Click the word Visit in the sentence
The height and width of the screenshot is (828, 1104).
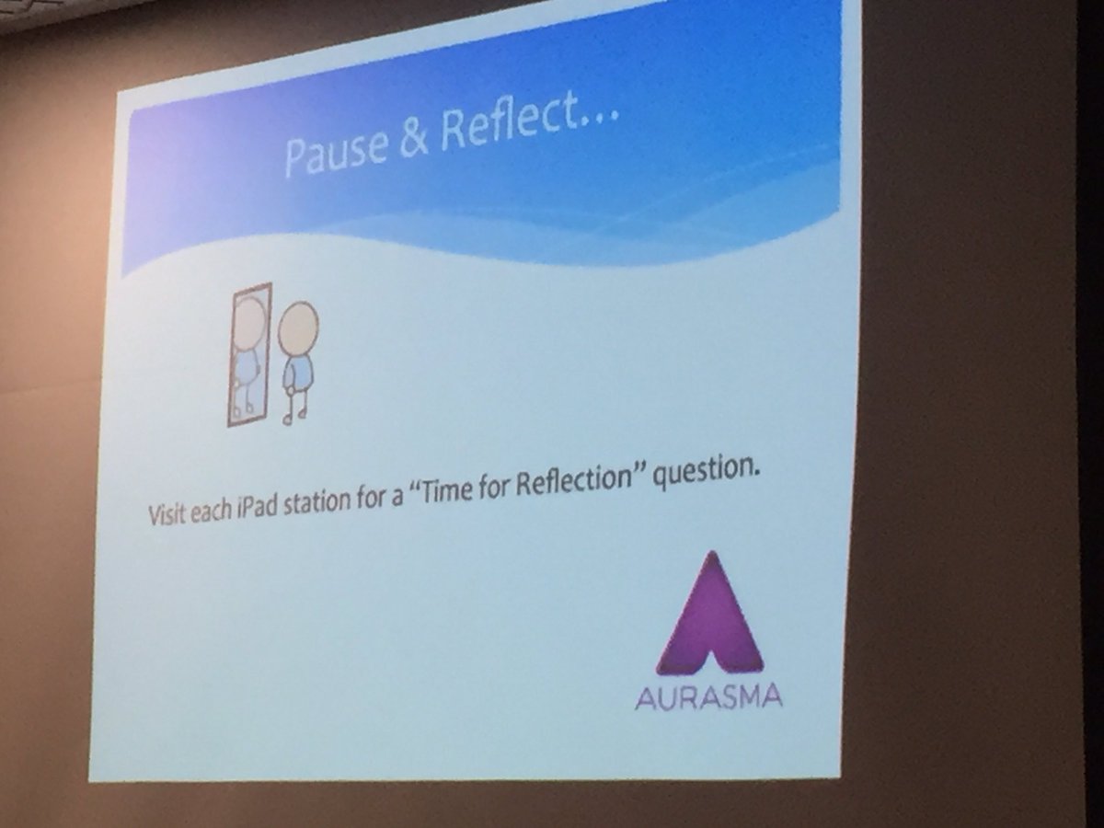(x=167, y=513)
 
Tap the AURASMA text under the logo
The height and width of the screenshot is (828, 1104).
(x=708, y=695)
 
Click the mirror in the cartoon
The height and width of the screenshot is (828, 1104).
(x=249, y=354)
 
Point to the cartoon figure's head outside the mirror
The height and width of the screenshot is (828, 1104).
(x=298, y=328)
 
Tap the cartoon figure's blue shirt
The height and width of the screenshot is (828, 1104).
(x=297, y=374)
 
